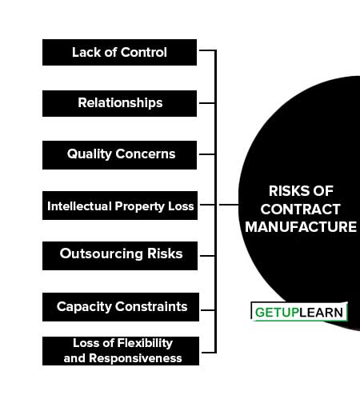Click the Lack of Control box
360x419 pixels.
pyautogui.click(x=119, y=53)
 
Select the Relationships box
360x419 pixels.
pyautogui.click(x=119, y=103)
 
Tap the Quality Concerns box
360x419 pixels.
pyautogui.click(x=119, y=155)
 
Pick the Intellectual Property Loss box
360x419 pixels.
pyautogui.click(x=120, y=206)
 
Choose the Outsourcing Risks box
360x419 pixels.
pyautogui.click(x=120, y=256)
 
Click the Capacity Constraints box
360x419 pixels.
pyautogui.click(x=121, y=307)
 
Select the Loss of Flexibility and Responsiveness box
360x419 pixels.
pyautogui.click(x=121, y=351)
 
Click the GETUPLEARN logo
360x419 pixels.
pyautogui.click(x=299, y=312)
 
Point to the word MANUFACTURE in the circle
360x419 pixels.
pyautogui.click(x=301, y=227)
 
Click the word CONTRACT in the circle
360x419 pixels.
pyautogui.click(x=301, y=209)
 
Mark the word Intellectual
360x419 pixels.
pyautogui.click(x=79, y=206)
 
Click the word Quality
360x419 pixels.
pyautogui.click(x=90, y=154)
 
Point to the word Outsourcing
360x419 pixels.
pyautogui.click(x=102, y=253)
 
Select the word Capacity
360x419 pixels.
pyautogui.click(x=84, y=307)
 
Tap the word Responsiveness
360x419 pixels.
pyautogui.click(x=135, y=358)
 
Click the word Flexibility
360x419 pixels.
pyautogui.click(x=145, y=343)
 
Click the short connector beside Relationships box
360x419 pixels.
pyautogui.click(x=207, y=103)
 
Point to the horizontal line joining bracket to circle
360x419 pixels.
pyautogui.click(x=229, y=205)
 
